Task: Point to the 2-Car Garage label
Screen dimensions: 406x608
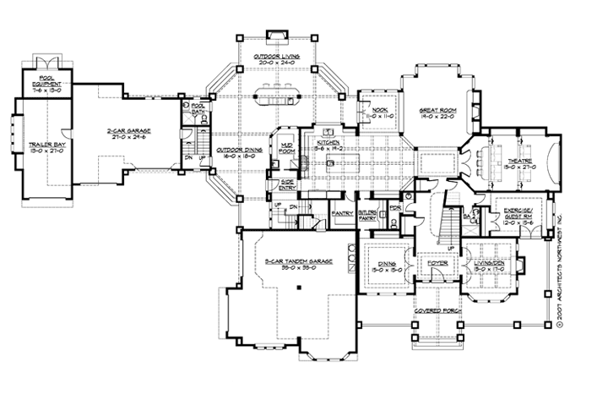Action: (x=125, y=130)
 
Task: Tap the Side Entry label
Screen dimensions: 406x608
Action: (x=288, y=184)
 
